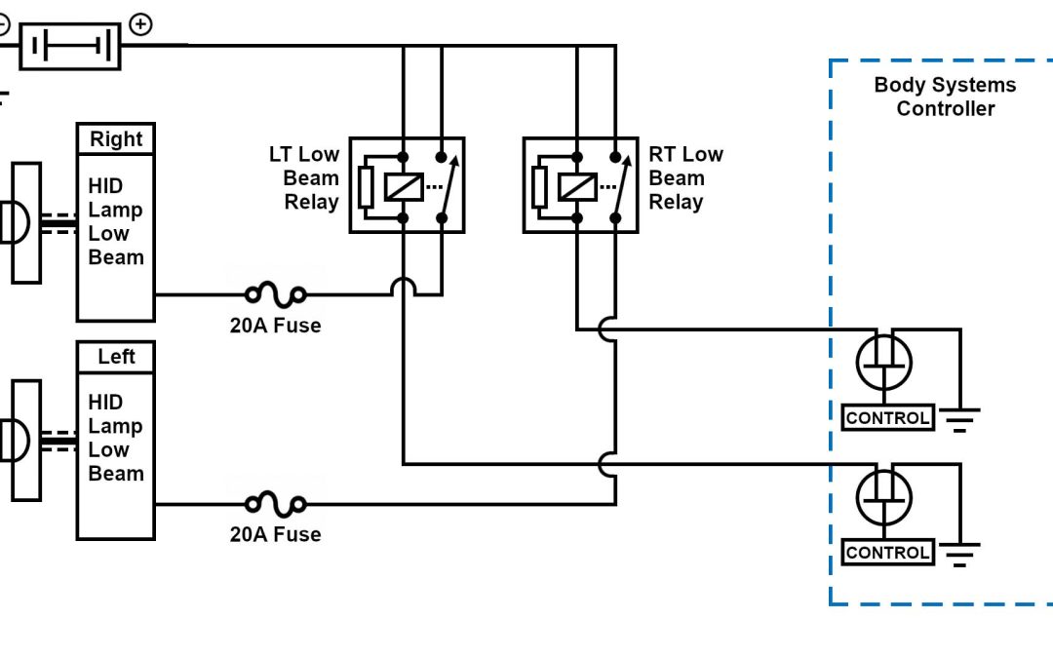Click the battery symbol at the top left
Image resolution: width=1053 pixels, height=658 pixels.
pos(70,46)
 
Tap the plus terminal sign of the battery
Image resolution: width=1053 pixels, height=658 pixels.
pos(140,24)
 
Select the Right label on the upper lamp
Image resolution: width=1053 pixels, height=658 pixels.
pos(116,139)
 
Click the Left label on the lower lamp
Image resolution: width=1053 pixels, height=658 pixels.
pos(116,357)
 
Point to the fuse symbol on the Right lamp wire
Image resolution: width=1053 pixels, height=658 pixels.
pos(276,292)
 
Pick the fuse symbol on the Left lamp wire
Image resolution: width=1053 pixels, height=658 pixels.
pos(276,504)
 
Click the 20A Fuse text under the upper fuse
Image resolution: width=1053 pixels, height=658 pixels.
pos(275,326)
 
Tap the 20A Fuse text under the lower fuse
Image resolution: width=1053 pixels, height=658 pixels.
pos(275,534)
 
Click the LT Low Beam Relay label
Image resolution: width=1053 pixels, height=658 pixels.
pos(305,178)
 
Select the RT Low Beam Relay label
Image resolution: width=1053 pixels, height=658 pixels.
pos(685,178)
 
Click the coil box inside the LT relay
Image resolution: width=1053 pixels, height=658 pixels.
pos(404,186)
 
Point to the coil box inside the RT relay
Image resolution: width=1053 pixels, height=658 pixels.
pos(577,186)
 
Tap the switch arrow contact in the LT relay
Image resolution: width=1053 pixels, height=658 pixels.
pos(447,185)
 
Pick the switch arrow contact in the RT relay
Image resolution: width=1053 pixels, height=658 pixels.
pos(618,185)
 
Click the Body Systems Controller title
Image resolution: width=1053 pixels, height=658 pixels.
pos(945,97)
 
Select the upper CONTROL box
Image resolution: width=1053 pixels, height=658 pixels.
pos(887,418)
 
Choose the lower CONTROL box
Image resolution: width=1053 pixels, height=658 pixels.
pos(887,553)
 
